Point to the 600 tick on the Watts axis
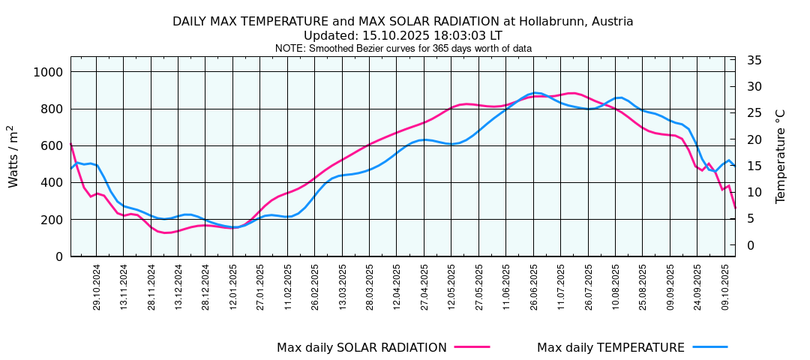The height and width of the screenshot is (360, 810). [x=52, y=145]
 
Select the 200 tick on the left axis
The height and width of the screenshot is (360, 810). [x=52, y=220]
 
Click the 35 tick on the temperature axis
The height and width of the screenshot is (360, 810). [x=754, y=61]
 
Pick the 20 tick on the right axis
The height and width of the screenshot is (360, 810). [x=754, y=139]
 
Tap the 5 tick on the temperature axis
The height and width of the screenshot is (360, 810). [x=751, y=219]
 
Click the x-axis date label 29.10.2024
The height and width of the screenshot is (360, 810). [x=97, y=286]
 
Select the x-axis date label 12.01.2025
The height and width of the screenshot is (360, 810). [x=233, y=286]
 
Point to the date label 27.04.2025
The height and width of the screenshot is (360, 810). [x=424, y=286]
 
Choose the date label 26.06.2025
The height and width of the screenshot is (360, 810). [x=534, y=286]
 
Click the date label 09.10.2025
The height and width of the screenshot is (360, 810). [x=725, y=286]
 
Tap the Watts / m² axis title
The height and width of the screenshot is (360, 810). [x=13, y=156]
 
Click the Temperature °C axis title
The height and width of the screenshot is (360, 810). [x=781, y=156]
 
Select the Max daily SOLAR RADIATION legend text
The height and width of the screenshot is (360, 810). [x=361, y=348]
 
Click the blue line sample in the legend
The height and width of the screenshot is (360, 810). [x=709, y=347]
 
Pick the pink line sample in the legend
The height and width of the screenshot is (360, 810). [x=472, y=347]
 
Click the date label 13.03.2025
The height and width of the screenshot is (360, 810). [x=343, y=286]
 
